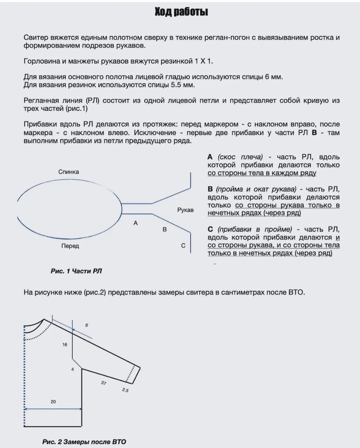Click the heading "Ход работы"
[181, 12]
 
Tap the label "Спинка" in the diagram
[69, 172]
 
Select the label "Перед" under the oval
[70, 246]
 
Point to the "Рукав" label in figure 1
[185, 210]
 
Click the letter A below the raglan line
[136, 223]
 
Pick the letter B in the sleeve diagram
[164, 230]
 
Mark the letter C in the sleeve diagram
[183, 246]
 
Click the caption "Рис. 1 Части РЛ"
[76, 271]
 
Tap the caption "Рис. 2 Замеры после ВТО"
[84, 442]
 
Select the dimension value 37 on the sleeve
[104, 383]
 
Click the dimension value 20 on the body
[53, 402]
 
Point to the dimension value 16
[65, 345]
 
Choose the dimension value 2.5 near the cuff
[125, 390]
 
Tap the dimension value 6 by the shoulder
[87, 325]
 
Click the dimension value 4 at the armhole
[73, 369]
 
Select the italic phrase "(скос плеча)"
[240, 157]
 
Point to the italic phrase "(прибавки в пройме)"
[255, 229]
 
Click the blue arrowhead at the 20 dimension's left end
[26, 408]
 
